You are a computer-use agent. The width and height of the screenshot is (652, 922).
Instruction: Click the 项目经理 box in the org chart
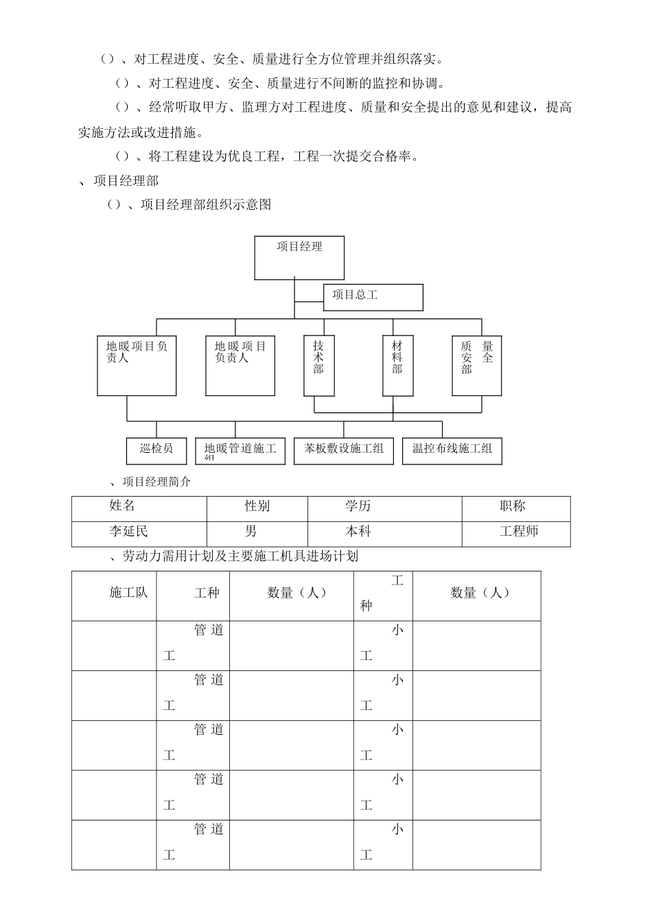[299, 257]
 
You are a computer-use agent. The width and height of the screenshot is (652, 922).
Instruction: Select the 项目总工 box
[373, 296]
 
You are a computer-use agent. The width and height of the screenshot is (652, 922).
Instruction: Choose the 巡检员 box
[156, 450]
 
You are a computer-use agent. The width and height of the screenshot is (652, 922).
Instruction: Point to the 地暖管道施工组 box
[240, 451]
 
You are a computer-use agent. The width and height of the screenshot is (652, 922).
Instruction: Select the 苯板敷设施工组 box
[344, 450]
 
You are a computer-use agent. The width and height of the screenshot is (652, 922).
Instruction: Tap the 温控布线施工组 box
[452, 450]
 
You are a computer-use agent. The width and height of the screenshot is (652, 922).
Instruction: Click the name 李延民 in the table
[128, 532]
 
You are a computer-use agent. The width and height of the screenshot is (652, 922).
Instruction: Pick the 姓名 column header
[122, 506]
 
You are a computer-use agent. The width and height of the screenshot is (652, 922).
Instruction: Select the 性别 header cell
[257, 506]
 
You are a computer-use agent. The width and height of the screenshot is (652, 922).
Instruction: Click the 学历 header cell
[358, 506]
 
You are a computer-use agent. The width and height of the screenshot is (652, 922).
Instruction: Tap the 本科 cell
[358, 532]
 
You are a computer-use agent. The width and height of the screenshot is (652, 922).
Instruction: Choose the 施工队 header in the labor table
[128, 593]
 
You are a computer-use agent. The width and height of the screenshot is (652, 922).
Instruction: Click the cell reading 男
[251, 532]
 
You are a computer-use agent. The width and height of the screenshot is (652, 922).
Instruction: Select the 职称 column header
[513, 506]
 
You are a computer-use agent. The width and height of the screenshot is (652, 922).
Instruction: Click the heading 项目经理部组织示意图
[206, 204]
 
